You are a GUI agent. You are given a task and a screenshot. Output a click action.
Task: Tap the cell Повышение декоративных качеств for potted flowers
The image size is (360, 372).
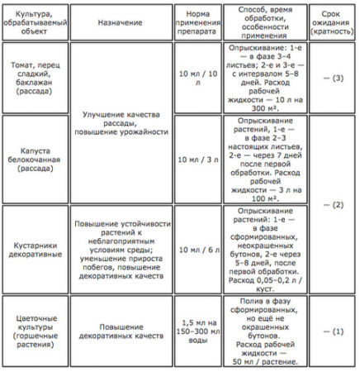click(x=121, y=331)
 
